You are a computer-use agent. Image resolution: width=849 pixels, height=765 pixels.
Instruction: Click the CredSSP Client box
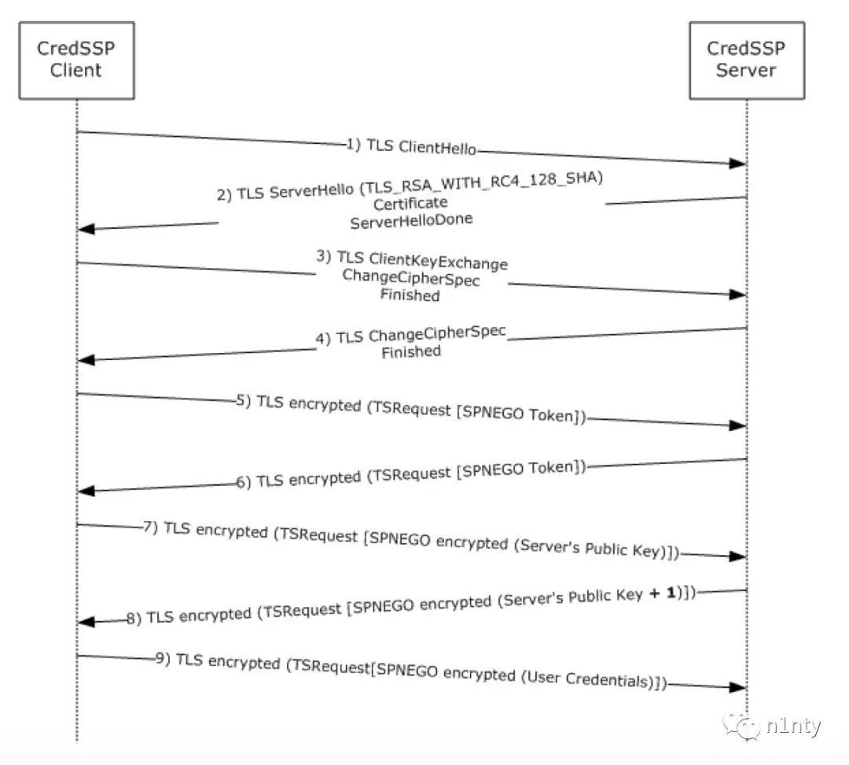[x=76, y=60]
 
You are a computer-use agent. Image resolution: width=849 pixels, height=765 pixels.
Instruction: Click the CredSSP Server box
[x=746, y=60]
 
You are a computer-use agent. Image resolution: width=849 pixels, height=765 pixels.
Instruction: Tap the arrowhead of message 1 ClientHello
[x=737, y=163]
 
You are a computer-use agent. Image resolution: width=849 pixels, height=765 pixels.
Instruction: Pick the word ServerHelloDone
[x=411, y=220]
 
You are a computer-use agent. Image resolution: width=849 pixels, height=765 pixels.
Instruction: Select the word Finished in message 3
[x=410, y=296]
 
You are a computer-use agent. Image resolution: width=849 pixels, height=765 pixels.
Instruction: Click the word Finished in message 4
[x=410, y=351]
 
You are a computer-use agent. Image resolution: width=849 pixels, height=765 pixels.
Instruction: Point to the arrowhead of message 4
[x=86, y=359]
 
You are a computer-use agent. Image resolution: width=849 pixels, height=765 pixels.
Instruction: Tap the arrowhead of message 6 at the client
[x=86, y=491]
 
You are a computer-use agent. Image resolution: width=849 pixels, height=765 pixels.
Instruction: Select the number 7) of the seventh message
[x=152, y=526]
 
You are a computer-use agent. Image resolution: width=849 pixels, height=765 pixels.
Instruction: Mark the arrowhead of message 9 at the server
[x=737, y=687]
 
